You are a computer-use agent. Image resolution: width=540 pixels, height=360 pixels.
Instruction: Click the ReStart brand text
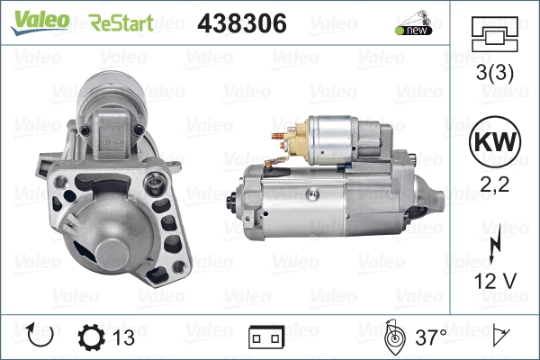tap(121, 22)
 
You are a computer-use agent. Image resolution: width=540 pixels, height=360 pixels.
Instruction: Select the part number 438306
tap(241, 23)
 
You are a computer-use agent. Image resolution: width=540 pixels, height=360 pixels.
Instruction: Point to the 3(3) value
tap(493, 76)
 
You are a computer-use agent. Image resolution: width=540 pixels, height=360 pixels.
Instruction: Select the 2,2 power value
tap(493, 187)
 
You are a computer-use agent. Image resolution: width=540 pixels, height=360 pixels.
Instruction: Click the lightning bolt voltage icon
tap(493, 246)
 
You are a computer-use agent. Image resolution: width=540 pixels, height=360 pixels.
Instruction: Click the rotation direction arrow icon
tap(40, 337)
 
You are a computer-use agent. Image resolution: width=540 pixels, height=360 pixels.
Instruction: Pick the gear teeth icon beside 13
tap(93, 337)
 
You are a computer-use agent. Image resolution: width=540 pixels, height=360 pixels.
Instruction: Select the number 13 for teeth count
tap(125, 338)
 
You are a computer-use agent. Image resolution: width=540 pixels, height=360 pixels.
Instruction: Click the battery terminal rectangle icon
tap(267, 338)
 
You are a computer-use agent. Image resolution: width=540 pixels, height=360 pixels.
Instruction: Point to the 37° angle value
tap(431, 338)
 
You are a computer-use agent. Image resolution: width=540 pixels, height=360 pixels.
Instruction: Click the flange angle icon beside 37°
tap(393, 337)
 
